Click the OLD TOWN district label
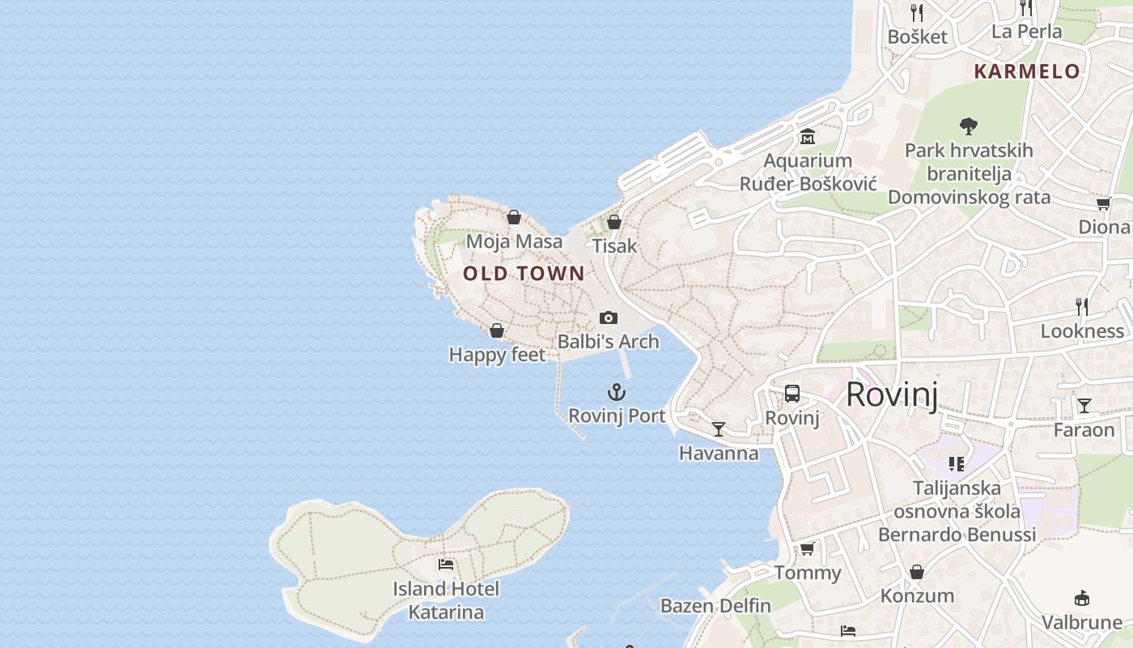click(524, 274)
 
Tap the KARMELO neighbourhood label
click(1027, 71)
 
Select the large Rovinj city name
click(892, 395)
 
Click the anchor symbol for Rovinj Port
click(617, 393)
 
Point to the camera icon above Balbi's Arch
click(609, 318)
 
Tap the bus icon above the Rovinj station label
click(792, 394)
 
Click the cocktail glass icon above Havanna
click(719, 429)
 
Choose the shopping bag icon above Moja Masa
click(514, 217)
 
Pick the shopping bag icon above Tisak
click(614, 222)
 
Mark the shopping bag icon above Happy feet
click(497, 330)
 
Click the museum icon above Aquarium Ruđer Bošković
click(807, 137)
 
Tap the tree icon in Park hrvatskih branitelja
click(969, 126)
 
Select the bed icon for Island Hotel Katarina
click(445, 565)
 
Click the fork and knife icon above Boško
click(917, 12)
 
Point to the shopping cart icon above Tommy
click(807, 549)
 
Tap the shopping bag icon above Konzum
click(917, 573)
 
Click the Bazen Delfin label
click(715, 606)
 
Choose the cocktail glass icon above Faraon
click(1084, 406)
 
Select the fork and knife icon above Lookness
click(1082, 307)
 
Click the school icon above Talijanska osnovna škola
click(957, 464)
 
